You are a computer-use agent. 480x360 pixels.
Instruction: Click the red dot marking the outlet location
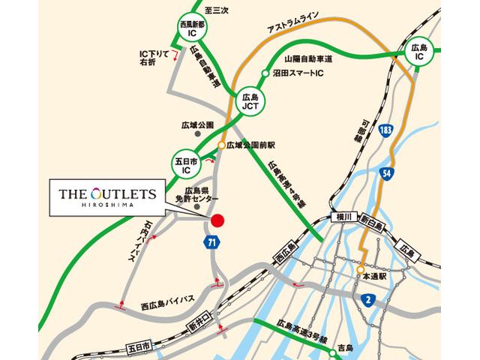point(217,220)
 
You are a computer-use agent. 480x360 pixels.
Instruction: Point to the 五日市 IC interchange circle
point(182,161)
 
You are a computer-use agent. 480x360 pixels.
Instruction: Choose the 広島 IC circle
point(421,52)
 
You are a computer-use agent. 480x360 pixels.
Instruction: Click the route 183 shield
point(385,130)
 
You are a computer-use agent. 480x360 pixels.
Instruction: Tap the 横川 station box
point(342,217)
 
